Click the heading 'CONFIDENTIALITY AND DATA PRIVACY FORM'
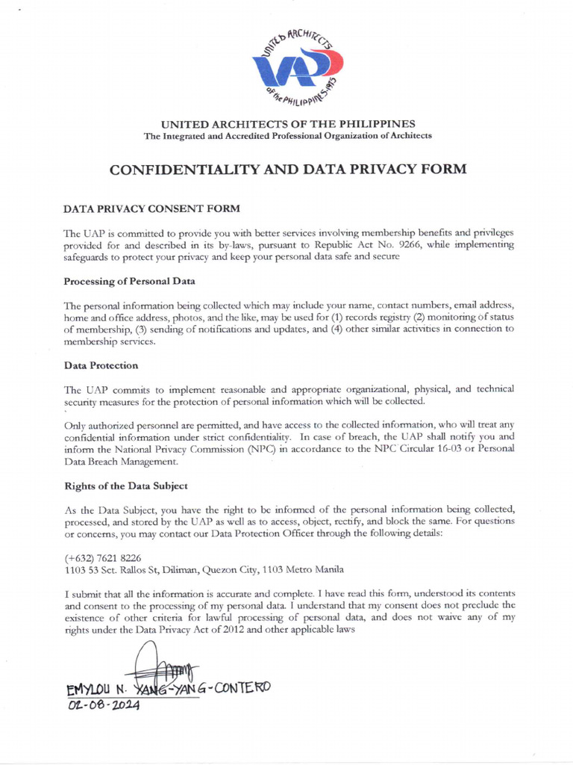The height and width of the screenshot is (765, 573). click(x=288, y=169)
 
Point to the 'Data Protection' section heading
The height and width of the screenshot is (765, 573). click(x=101, y=365)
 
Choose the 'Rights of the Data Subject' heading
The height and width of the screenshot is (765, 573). click(x=125, y=486)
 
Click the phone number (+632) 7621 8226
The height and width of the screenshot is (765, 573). click(x=103, y=557)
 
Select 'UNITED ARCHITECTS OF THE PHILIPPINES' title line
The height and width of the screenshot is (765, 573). click(x=288, y=123)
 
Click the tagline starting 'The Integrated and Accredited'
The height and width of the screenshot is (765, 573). click(x=288, y=136)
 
